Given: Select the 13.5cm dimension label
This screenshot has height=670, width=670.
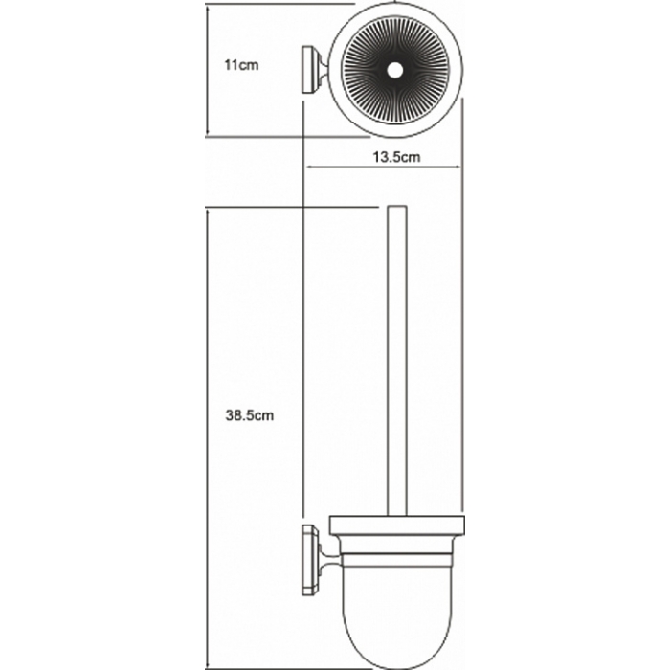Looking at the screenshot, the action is click(x=396, y=157).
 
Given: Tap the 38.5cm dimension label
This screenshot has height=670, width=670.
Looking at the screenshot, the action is click(x=250, y=415).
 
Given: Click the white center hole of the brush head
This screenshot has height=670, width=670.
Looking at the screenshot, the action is click(x=395, y=71).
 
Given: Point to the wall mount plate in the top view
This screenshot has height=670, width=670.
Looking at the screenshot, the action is click(x=308, y=71).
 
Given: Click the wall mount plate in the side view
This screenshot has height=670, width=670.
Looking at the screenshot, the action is click(x=308, y=560).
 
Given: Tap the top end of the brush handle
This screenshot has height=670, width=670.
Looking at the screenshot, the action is click(x=397, y=208).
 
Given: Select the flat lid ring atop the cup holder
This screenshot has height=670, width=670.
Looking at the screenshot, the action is click(x=396, y=525).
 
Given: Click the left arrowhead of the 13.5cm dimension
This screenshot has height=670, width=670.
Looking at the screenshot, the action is click(x=307, y=167).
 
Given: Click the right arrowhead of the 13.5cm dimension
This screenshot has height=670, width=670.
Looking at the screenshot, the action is click(x=459, y=167).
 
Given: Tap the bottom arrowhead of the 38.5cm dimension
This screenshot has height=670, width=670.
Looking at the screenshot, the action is click(x=208, y=665).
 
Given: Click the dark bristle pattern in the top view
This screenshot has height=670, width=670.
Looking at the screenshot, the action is click(x=395, y=71).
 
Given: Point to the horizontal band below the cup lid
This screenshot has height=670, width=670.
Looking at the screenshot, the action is click(x=396, y=561).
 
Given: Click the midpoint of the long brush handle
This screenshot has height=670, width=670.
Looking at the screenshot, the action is click(x=397, y=361).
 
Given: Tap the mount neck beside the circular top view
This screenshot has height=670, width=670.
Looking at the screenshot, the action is click(x=322, y=69).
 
